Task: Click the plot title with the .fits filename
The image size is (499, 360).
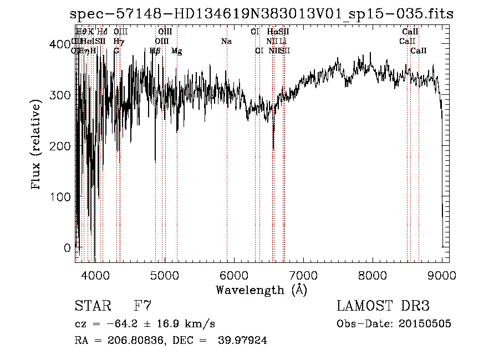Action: pos(262,14)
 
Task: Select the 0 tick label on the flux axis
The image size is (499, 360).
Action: pos(68,247)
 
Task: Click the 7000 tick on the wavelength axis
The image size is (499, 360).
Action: pos(303,275)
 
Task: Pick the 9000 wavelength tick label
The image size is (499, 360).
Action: pos(442,275)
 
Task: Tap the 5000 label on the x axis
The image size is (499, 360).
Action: pos(165,275)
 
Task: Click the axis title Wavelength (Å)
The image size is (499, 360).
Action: pos(261,290)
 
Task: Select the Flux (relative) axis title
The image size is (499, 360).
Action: pos(37,145)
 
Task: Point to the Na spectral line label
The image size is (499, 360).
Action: pos(226,42)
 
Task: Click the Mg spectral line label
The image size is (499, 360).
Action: pos(177,51)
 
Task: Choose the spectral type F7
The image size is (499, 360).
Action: pos(142,306)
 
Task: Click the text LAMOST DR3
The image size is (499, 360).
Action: pos(383,306)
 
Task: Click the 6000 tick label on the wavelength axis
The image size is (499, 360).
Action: pos(234,275)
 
